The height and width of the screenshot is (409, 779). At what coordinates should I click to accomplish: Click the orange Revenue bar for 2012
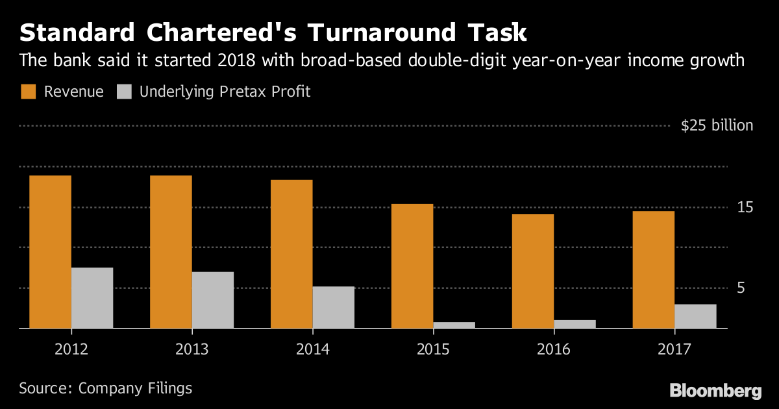click(x=50, y=252)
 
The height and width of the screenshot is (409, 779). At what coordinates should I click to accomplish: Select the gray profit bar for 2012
click(x=92, y=298)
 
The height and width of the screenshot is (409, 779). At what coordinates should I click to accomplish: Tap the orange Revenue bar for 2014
click(x=291, y=254)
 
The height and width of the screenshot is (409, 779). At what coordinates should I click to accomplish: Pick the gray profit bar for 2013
click(x=212, y=300)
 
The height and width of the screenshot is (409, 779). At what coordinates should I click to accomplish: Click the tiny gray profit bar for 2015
click(x=454, y=325)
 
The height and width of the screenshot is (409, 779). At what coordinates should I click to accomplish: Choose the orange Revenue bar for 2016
click(x=533, y=271)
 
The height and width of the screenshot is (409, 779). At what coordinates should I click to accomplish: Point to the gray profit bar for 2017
click(x=695, y=316)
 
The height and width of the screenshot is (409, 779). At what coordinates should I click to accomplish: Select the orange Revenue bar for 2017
click(x=653, y=269)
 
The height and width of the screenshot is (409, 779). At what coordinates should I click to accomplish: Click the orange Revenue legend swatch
click(x=28, y=92)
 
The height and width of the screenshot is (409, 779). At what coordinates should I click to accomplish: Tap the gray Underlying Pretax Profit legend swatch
click(x=124, y=92)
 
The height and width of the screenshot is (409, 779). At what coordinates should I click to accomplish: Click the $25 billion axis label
click(x=717, y=126)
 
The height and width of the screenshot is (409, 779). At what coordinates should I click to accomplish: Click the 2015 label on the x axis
click(x=433, y=349)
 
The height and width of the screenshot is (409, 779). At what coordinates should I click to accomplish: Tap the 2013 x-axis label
click(x=192, y=349)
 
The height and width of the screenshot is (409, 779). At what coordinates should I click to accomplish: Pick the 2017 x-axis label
click(x=674, y=349)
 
